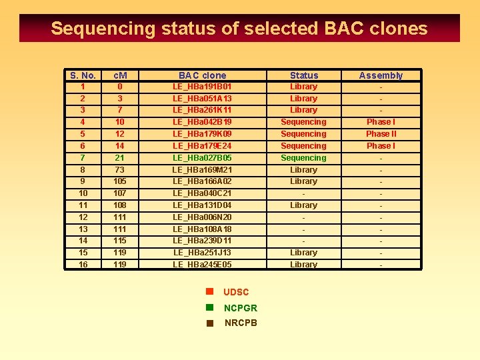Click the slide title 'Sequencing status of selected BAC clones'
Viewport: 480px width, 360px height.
pos(239,29)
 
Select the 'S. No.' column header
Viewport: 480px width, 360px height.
pos(83,75)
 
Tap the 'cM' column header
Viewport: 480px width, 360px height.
pos(120,75)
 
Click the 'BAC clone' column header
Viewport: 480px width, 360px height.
pos(202,75)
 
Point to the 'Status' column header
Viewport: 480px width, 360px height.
pos(304,75)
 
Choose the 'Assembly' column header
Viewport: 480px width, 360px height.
pos(381,75)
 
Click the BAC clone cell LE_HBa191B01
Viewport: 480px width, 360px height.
pos(202,87)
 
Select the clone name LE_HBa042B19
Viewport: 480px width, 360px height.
pos(202,122)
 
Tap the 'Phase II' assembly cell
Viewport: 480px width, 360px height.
pos(381,134)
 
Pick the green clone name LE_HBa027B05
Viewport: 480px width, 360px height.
pos(202,158)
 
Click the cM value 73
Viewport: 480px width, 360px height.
pos(120,170)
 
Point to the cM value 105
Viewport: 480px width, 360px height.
pos(120,181)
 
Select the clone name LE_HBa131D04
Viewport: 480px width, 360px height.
pos(202,205)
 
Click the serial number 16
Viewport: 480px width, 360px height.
pos(83,265)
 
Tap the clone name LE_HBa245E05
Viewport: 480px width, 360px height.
pos(202,265)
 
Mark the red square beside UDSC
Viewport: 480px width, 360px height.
pos(209,291)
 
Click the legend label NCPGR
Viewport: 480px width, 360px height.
pos(241,308)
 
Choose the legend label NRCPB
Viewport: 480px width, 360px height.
pos(241,323)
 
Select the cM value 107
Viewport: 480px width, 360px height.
pos(120,193)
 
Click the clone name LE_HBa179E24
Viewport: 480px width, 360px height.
pos(202,146)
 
